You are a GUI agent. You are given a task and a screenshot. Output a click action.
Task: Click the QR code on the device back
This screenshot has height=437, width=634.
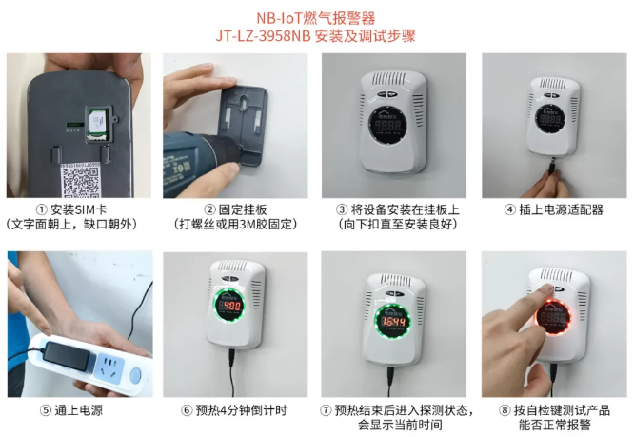click(x=81, y=181)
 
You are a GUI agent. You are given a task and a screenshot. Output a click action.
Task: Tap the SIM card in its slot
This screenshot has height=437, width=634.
click(x=97, y=123)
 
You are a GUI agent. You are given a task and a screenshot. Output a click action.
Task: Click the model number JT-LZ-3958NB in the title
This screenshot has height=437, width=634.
click(x=264, y=36)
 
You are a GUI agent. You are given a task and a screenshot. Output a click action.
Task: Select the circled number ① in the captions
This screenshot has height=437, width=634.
click(x=42, y=209)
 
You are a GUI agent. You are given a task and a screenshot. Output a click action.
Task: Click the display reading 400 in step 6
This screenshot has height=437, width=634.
click(x=229, y=306)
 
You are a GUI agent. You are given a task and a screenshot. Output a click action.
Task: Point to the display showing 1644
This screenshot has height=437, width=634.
click(x=391, y=322)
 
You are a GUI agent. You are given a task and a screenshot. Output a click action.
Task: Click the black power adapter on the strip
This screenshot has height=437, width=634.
click(x=68, y=356)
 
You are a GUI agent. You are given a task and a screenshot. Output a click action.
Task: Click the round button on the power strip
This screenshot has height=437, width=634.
click(x=135, y=375)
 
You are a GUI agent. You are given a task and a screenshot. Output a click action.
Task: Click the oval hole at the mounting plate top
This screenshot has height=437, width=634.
click(x=245, y=102)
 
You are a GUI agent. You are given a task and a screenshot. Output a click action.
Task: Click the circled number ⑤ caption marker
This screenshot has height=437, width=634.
click(x=46, y=410)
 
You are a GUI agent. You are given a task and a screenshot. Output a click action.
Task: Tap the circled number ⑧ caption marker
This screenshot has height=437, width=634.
click(x=505, y=410)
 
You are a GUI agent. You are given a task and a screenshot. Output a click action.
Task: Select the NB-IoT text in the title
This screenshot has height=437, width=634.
click(x=276, y=18)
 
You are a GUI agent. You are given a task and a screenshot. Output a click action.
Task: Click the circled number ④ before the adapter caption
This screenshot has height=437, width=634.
click(x=510, y=209)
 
